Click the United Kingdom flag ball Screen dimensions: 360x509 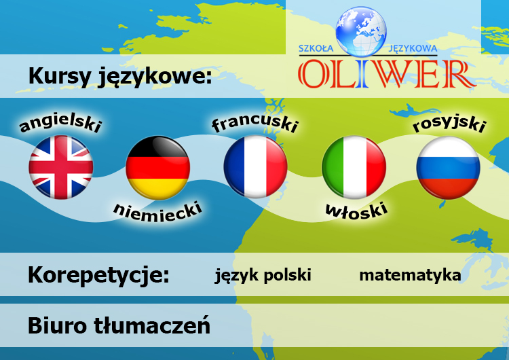click(61, 167)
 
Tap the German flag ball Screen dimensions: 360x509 click(158, 167)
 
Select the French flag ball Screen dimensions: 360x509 click(256, 167)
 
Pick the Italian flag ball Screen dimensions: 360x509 click(354, 167)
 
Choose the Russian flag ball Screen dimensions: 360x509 click(448, 167)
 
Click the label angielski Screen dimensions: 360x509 click(61, 123)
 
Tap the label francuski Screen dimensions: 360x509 click(255, 122)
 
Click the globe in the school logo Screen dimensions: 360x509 click(360, 31)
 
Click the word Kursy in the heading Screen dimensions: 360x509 click(56, 76)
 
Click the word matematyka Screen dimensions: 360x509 click(410, 275)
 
